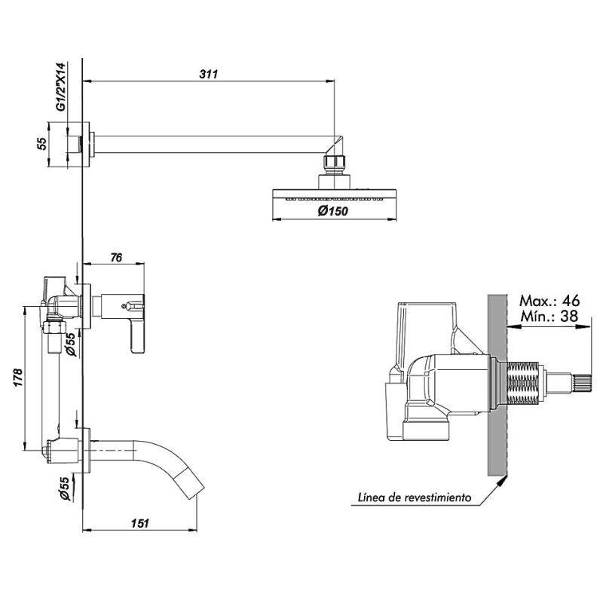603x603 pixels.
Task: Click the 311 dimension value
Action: pyautogui.click(x=209, y=74)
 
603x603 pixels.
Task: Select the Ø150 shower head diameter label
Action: pyautogui.click(x=333, y=210)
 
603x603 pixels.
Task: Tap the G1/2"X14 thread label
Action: pyautogui.click(x=62, y=87)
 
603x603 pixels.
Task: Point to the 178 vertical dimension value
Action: pyautogui.click(x=18, y=378)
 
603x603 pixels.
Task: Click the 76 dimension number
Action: pyautogui.click(x=116, y=257)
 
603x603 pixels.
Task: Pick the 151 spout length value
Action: pyautogui.click(x=139, y=523)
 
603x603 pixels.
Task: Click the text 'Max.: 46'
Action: pyautogui.click(x=549, y=300)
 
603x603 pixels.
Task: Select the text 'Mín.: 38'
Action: pyautogui.click(x=550, y=316)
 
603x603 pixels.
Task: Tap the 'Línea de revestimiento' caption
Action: pyautogui.click(x=415, y=497)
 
